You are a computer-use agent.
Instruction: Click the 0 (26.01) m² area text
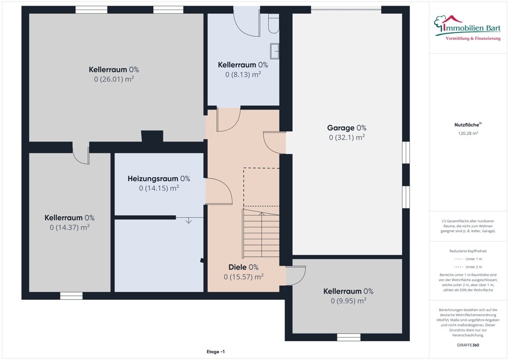(x=114, y=79)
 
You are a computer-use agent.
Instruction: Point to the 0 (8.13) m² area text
(x=243, y=74)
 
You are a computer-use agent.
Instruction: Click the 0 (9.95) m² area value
(x=348, y=300)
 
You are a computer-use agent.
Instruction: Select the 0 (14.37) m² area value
(x=69, y=227)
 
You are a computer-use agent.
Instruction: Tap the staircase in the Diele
(x=261, y=232)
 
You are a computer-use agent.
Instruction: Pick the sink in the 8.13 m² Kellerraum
(x=275, y=49)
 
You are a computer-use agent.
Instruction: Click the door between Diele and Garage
(x=274, y=143)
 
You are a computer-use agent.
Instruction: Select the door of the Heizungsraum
(x=218, y=191)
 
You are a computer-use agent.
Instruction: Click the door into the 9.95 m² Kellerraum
(x=295, y=276)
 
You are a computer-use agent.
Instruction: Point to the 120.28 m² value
(x=468, y=133)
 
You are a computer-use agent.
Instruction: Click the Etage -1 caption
(x=216, y=352)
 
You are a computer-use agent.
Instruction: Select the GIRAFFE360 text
(x=468, y=345)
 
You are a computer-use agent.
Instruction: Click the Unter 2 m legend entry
(x=468, y=267)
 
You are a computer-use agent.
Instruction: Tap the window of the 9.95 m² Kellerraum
(x=349, y=337)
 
